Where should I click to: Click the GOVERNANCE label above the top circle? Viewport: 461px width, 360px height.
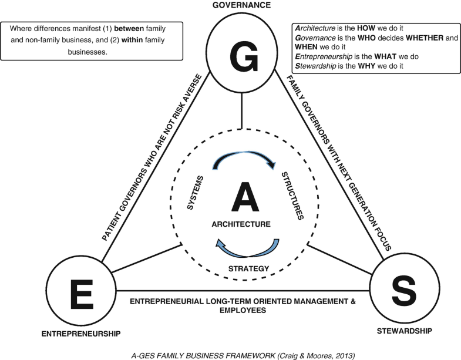242,5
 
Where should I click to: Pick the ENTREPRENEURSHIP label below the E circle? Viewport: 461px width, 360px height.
81,334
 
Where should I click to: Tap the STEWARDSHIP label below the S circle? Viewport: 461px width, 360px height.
405,331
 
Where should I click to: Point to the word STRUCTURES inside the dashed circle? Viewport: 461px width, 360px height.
292,196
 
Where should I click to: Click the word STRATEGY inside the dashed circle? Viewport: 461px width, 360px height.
247,268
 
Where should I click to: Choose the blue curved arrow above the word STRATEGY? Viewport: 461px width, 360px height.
247,248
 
